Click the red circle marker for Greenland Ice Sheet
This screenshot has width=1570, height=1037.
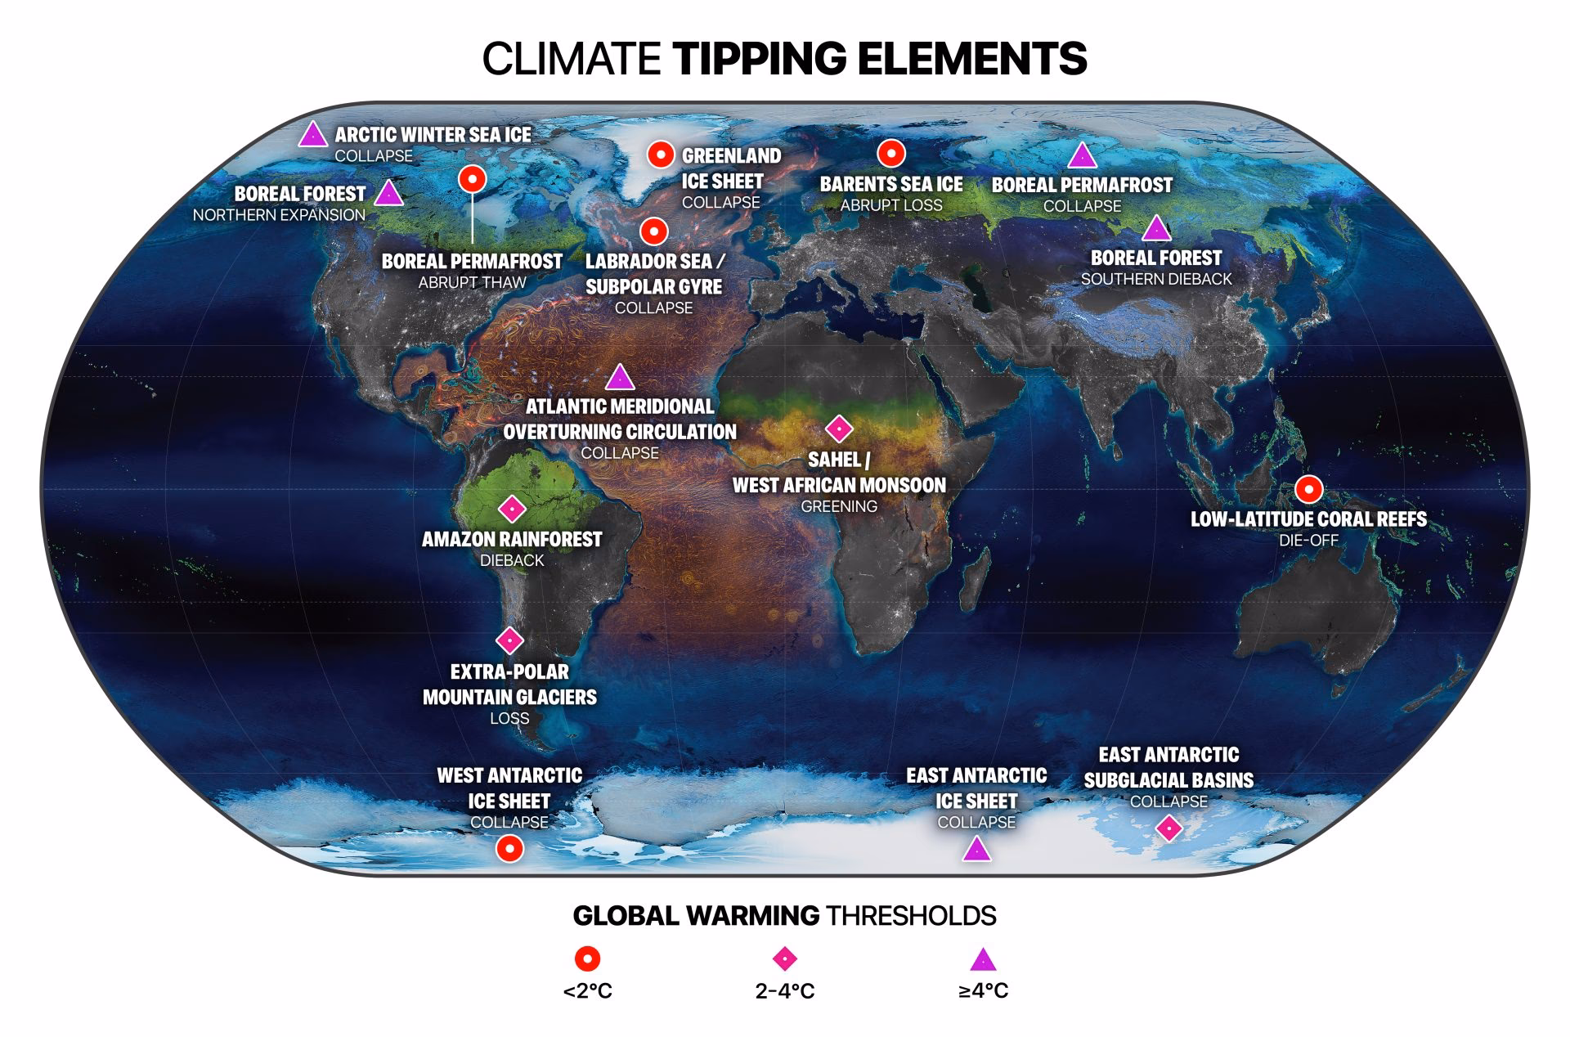tap(661, 155)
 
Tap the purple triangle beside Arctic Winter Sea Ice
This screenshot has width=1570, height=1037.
tap(312, 136)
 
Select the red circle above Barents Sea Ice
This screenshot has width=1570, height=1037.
tap(891, 153)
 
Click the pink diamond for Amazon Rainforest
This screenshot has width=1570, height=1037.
tap(512, 509)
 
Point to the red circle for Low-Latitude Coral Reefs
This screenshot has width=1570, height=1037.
tap(1309, 489)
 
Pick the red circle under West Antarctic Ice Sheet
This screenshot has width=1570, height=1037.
tap(510, 849)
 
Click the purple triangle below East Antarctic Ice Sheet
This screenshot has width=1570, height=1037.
tap(976, 850)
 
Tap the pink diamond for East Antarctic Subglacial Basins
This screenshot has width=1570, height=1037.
tap(1169, 828)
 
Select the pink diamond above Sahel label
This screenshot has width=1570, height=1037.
tap(839, 428)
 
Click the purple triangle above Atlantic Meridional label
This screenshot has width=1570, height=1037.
tap(620, 378)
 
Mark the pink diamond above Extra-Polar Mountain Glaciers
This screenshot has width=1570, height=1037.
tap(510, 640)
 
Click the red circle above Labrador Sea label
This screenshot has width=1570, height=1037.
tap(653, 231)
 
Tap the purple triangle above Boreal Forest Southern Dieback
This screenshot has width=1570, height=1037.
tap(1155, 229)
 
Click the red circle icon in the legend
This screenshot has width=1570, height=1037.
tap(587, 958)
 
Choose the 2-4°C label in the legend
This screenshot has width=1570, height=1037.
tap(785, 991)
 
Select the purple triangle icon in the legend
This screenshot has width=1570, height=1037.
tap(983, 960)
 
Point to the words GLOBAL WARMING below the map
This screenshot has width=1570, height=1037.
tap(696, 915)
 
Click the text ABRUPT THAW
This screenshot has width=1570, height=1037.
tap(472, 283)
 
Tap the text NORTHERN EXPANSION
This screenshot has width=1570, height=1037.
tap(279, 215)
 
